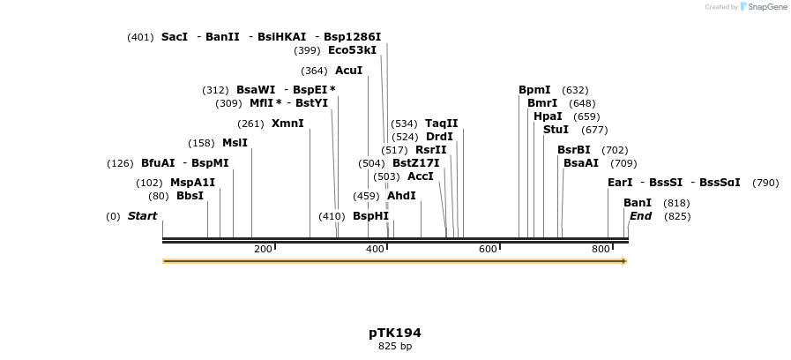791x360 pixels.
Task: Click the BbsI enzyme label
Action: [190, 196]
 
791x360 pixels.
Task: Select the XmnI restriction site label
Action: [287, 124]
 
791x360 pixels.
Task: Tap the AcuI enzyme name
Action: [348, 71]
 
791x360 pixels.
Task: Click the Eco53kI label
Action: [352, 50]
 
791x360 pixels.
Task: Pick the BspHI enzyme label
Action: [370, 216]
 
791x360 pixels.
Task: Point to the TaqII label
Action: [441, 124]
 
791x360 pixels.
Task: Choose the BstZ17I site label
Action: [415, 163]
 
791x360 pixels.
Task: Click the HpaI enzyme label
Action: [548, 116]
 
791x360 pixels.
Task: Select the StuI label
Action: [556, 130]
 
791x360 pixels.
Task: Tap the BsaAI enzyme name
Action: [580, 163]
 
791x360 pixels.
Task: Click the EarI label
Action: [620, 183]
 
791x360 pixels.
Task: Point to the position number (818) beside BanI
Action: [676, 203]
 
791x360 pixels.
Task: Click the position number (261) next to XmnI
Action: [250, 124]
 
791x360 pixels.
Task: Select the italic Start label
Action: [142, 216]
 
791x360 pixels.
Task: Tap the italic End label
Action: [640, 216]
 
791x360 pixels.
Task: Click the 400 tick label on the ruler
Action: [376, 250]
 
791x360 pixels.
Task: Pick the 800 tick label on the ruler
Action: [601, 250]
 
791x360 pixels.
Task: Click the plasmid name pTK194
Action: [395, 333]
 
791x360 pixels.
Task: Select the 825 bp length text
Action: [395, 347]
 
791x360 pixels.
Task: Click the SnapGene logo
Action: [764, 7]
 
